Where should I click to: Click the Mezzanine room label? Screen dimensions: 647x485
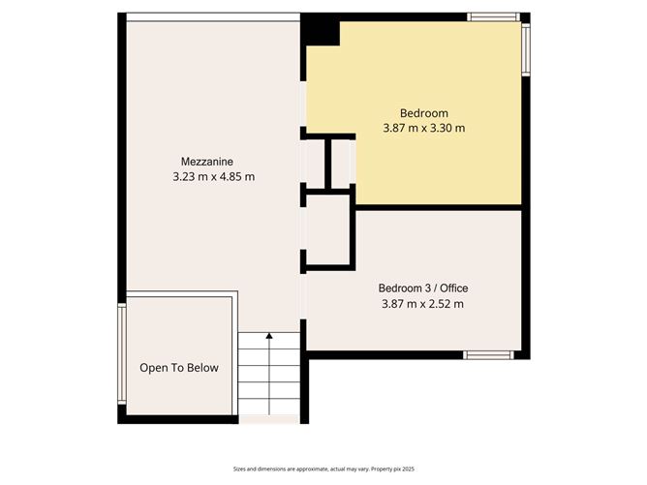tap(206, 162)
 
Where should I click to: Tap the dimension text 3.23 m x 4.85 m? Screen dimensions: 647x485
tap(213, 177)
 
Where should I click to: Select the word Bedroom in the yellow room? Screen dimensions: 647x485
tap(424, 113)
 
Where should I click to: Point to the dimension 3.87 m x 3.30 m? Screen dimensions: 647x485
tap(424, 128)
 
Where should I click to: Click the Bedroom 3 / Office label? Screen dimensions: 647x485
tap(423, 288)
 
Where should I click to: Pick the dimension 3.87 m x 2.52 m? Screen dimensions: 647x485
tap(422, 304)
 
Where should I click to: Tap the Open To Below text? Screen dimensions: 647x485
tap(179, 368)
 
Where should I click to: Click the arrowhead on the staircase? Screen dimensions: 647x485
tap(269, 336)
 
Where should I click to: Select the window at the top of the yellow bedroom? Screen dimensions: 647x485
tap(494, 16)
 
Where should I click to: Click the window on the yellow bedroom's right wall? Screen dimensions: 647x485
tap(526, 49)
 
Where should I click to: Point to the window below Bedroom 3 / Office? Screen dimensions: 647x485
tap(488, 355)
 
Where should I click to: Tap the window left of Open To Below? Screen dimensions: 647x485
tap(122, 354)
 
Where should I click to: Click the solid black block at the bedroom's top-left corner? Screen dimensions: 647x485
tap(320, 31)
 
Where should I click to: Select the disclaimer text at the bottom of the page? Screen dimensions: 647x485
tap(323, 469)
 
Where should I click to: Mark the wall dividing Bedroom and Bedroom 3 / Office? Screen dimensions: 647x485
tap(439, 207)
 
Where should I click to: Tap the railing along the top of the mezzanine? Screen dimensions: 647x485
tap(213, 17)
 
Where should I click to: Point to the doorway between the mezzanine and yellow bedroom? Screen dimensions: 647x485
tap(303, 104)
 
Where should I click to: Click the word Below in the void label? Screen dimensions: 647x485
tap(202, 368)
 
